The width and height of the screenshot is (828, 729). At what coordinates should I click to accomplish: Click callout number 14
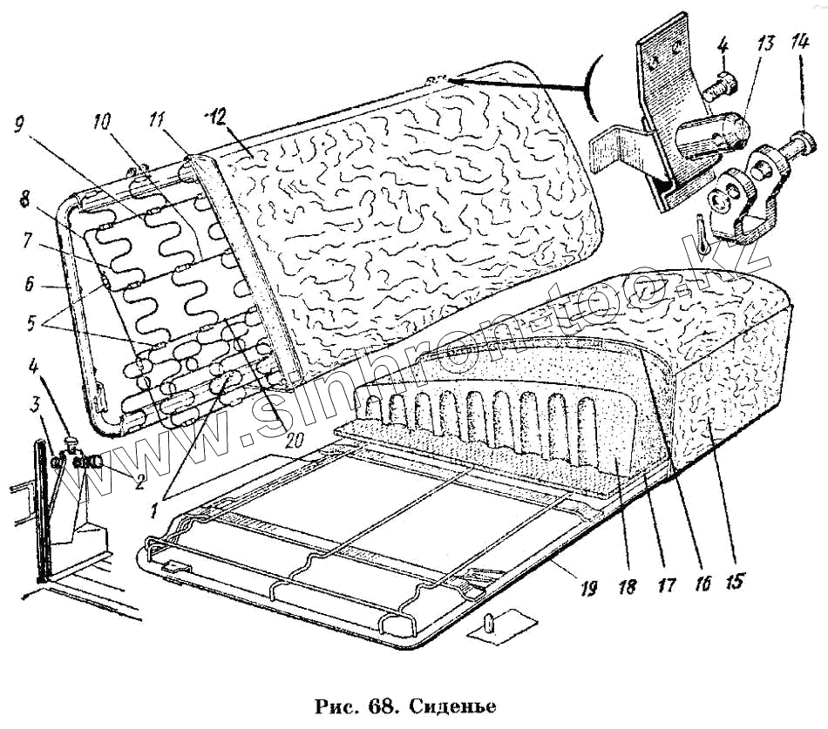tap(800, 43)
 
